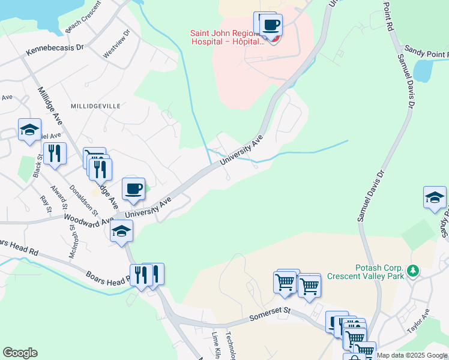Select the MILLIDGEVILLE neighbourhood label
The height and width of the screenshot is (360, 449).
(96, 106)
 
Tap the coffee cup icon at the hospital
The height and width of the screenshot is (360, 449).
(271, 25)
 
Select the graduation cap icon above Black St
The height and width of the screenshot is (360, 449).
(29, 129)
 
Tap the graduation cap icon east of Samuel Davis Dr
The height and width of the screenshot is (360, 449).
(435, 197)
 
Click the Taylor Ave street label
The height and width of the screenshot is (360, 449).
(418, 322)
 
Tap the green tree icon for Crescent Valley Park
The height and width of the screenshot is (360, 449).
(413, 271)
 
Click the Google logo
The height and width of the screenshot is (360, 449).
(20, 353)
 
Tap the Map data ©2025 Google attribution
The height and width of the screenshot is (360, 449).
(411, 355)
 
